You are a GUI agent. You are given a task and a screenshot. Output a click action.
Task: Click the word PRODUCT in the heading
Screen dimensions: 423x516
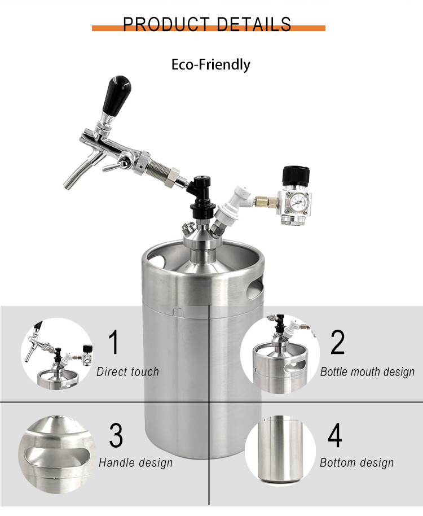tap(166, 24)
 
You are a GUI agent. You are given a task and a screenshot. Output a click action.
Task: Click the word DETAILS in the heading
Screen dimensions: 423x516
tap(254, 24)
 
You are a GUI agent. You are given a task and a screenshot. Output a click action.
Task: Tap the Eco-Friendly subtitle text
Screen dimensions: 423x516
tap(211, 64)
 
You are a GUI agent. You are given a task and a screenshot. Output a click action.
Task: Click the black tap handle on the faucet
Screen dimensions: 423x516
tap(116, 94)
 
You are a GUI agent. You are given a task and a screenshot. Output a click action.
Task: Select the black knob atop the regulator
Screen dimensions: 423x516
tap(296, 176)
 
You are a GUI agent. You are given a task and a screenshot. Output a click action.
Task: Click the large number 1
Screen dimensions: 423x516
tap(114, 342)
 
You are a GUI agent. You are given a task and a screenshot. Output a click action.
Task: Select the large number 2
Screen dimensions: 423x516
tap(337, 342)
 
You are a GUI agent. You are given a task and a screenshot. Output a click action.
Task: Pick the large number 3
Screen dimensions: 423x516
tap(116, 435)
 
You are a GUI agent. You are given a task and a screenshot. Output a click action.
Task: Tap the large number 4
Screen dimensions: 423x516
tap(335, 435)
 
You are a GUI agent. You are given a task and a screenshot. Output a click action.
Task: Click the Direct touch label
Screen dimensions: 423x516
tap(128, 371)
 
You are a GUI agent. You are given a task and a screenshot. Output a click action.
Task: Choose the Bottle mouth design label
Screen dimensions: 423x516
tap(368, 372)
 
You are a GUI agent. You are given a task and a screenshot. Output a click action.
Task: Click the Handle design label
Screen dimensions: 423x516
tap(136, 463)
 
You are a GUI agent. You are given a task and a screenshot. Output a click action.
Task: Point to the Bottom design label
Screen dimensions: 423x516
tap(357, 463)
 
